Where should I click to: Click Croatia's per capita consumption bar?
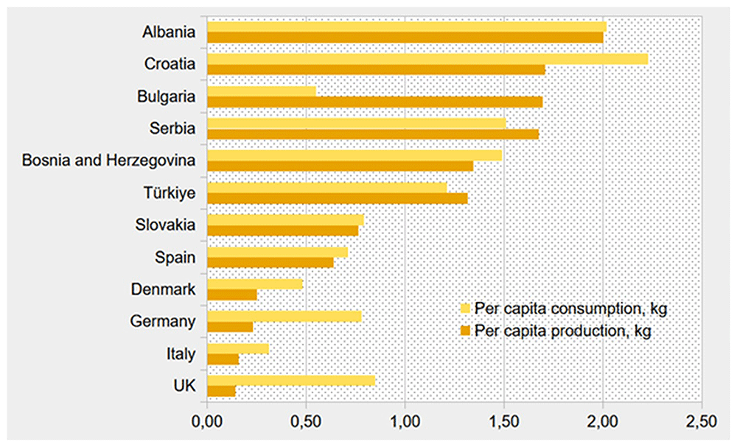427,59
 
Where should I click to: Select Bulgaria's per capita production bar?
375,102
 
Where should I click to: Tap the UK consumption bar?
291,381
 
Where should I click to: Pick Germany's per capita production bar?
230,327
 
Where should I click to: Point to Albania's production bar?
405,38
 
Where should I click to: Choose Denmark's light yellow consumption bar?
255,284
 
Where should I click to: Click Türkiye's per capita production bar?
338,198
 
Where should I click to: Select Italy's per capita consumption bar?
238,348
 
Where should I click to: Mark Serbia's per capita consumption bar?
357,124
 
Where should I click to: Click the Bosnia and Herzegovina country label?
108,161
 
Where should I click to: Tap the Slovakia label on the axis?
165,225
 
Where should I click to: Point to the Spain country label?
175,257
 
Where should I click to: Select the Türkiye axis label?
170,193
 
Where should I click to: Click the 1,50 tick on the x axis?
504,421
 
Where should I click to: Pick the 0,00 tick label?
207,421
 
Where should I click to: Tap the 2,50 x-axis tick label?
702,421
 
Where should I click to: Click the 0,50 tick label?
306,421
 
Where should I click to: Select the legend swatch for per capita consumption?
465,309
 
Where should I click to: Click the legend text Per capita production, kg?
562,331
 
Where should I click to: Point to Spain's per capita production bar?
270,262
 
